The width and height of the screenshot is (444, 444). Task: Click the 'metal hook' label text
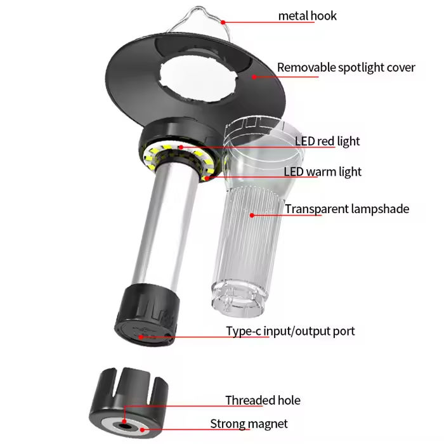click(x=308, y=15)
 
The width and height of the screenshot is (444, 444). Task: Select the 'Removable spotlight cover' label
click(x=346, y=67)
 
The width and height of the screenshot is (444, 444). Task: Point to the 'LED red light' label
click(x=327, y=141)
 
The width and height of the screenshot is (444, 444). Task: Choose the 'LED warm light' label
click(x=322, y=171)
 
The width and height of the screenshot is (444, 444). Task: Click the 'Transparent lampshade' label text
click(x=347, y=209)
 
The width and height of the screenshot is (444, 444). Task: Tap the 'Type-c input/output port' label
click(x=291, y=331)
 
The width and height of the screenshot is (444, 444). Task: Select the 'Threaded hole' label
click(x=263, y=400)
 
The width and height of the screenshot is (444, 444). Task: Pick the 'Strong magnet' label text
click(x=249, y=424)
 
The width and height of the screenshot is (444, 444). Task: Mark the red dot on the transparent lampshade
click(x=252, y=215)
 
